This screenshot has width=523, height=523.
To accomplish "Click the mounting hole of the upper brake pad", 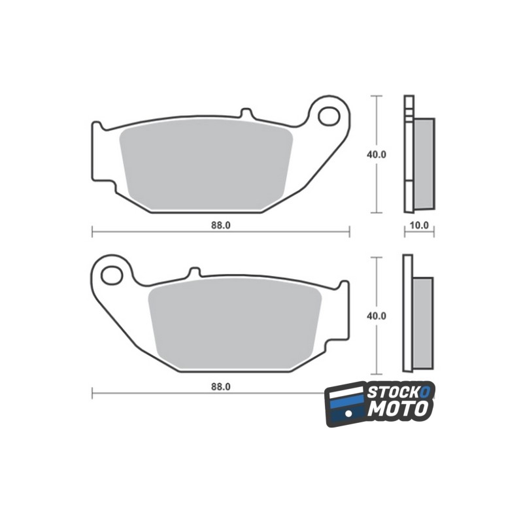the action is pyautogui.click(x=329, y=116).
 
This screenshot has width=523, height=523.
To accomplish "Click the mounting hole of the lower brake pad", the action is pyautogui.click(x=112, y=275).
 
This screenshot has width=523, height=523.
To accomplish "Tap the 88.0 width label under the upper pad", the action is pyautogui.click(x=220, y=226).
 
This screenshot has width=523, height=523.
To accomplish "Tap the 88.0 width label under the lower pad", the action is pyautogui.click(x=220, y=387).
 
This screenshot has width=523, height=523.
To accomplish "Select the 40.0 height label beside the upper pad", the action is pyautogui.click(x=377, y=155).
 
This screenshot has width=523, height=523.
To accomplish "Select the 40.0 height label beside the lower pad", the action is pyautogui.click(x=377, y=316).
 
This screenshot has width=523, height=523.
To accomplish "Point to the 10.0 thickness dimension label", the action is pyautogui.click(x=419, y=226).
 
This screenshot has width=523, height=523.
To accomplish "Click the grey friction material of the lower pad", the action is pyautogui.click(x=235, y=324).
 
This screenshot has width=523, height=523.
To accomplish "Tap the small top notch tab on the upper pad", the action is pyautogui.click(x=246, y=112).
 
